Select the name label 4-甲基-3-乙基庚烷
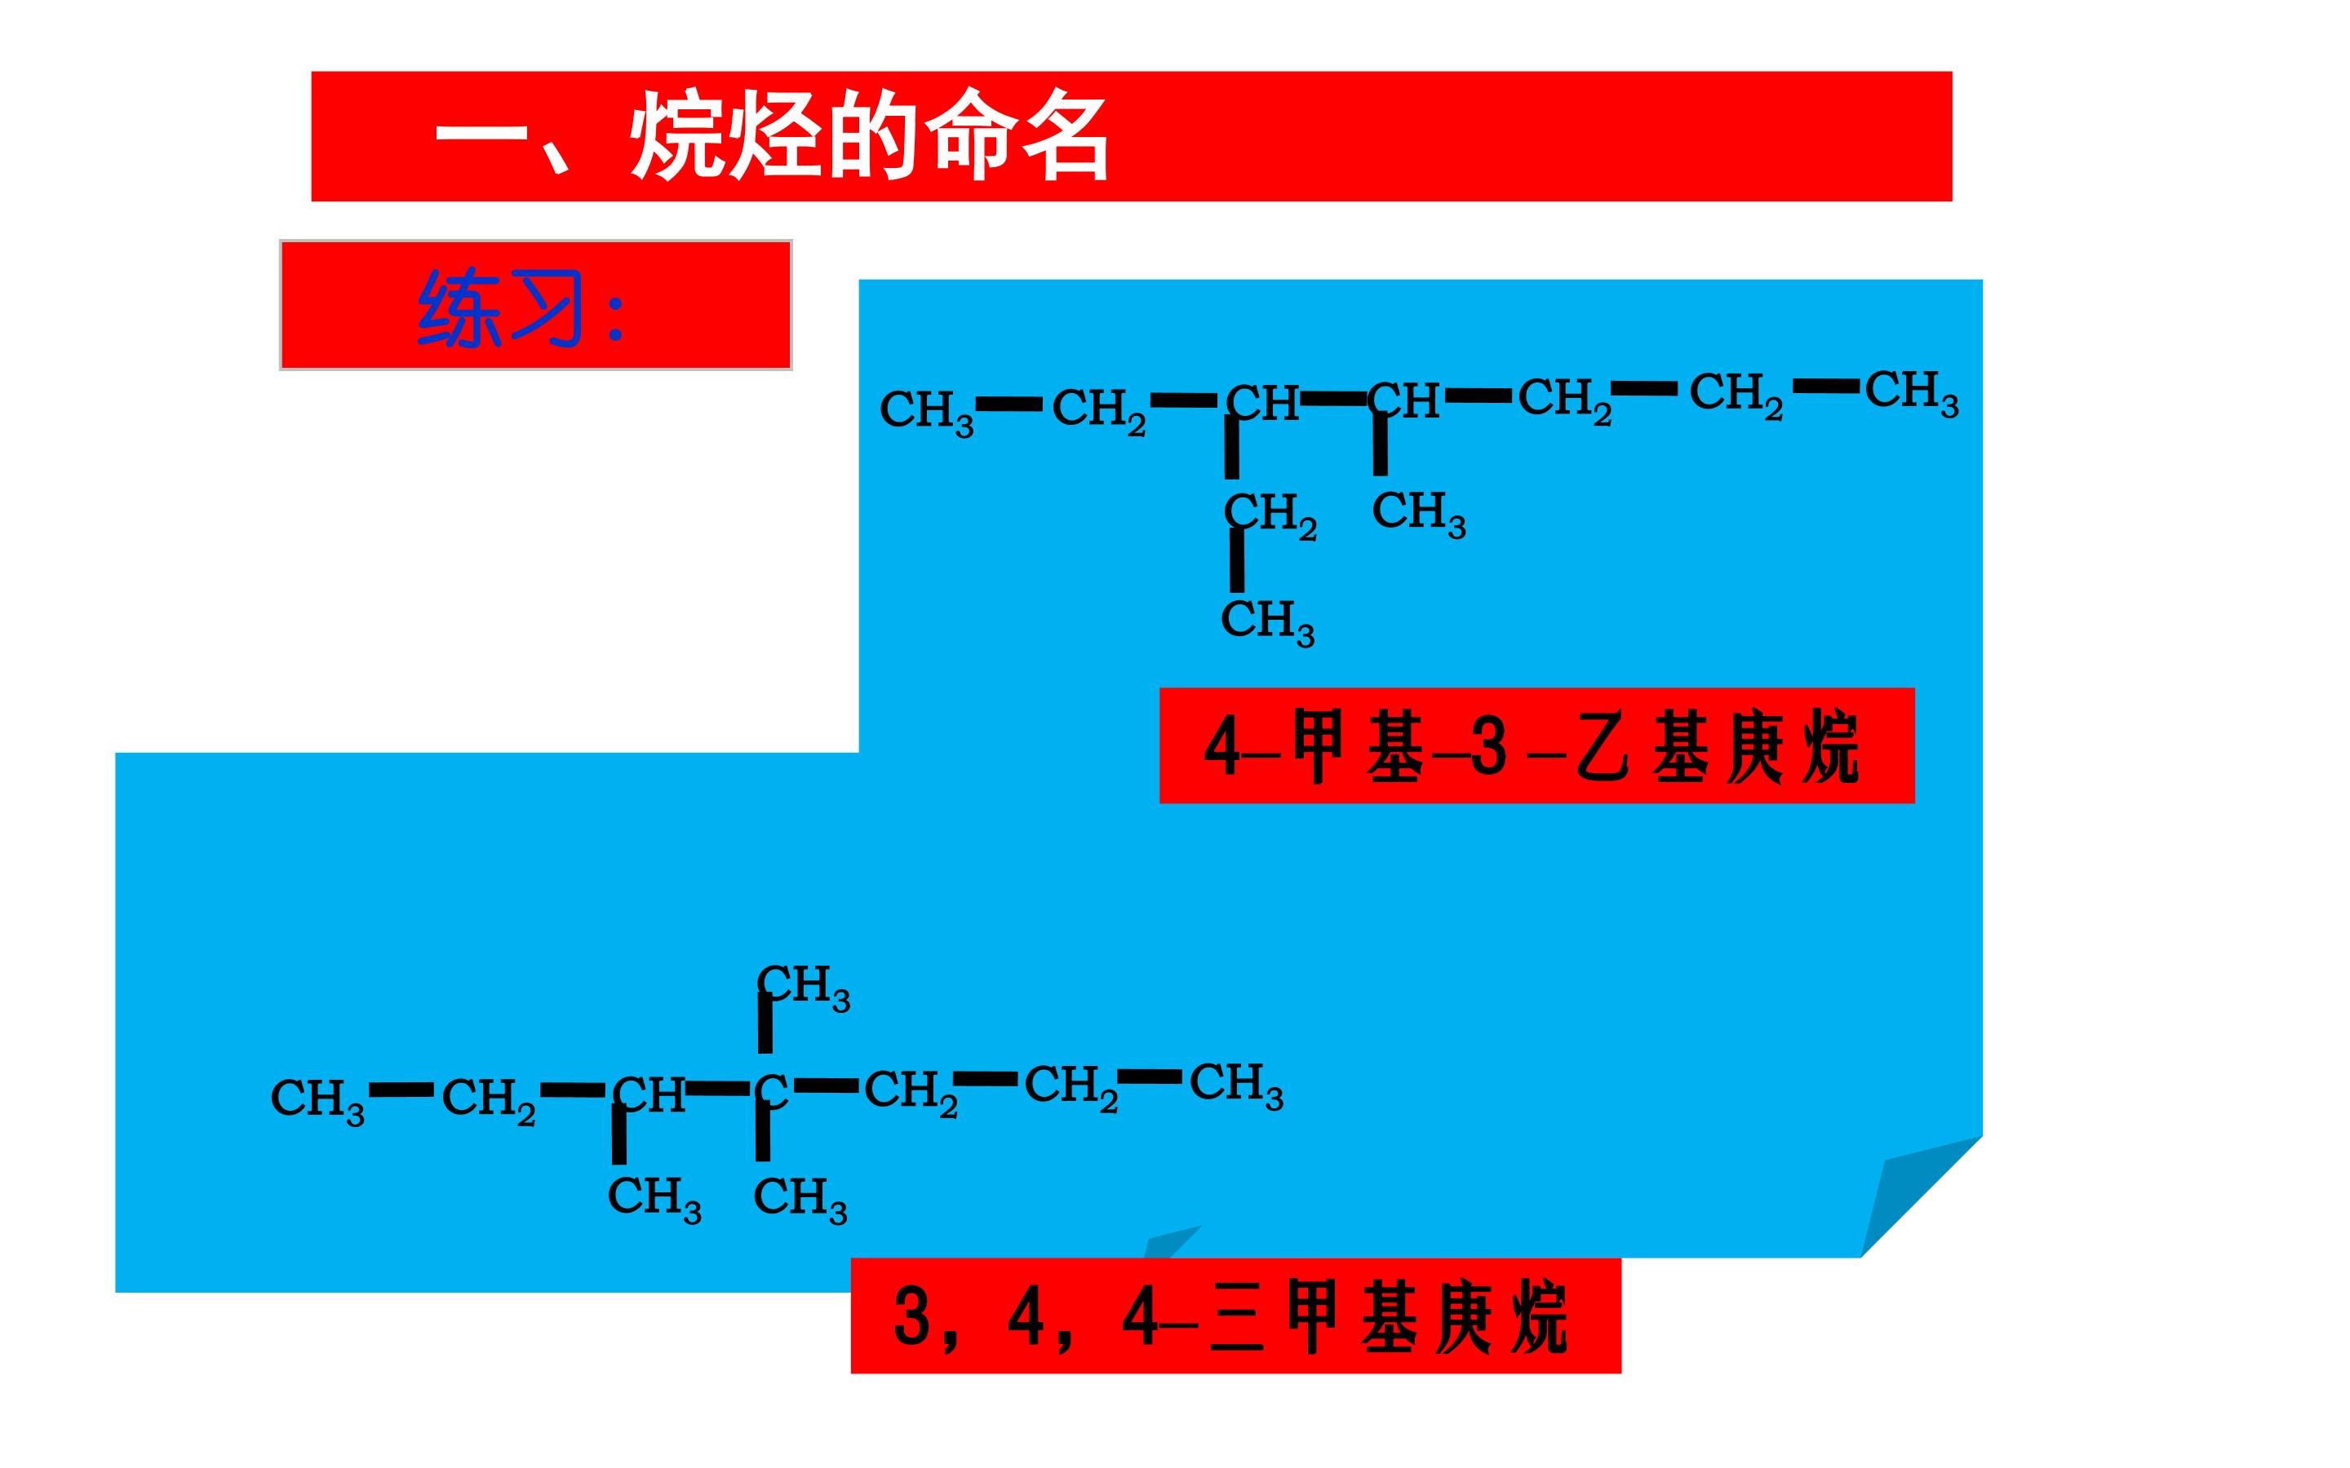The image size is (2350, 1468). point(1536,745)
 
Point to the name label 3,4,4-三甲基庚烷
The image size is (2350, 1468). point(1236,1315)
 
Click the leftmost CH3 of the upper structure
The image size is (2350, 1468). point(926,412)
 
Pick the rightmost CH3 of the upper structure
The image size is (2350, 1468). point(1911,392)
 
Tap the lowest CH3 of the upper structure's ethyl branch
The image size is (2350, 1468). point(1267,621)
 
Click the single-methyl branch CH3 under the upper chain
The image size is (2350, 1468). point(1419,513)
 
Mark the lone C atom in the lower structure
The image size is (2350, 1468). point(772,1090)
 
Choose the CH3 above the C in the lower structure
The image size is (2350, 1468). point(804,988)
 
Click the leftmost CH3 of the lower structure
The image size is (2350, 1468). point(317,1101)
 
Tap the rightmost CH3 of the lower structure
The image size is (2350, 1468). point(1236,1086)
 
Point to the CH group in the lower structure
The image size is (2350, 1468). point(649,1095)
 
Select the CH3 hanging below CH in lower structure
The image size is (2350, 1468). point(654,1199)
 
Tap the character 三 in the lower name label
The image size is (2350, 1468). point(1238,1317)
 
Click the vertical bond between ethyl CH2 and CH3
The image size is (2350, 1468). point(1236,560)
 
